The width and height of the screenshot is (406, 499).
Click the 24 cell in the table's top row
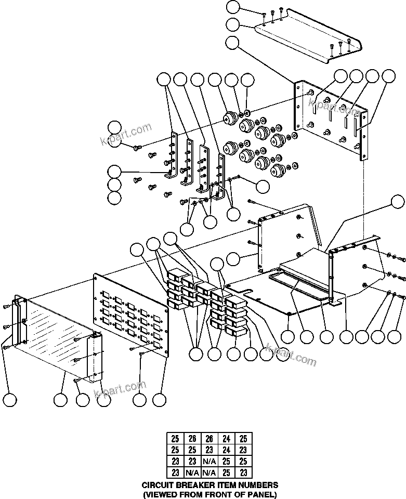coord(226,438)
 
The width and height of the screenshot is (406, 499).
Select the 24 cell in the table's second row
coord(226,450)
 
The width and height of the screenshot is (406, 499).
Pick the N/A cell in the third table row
coord(209,461)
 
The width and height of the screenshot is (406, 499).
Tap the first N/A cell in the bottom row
coord(192,472)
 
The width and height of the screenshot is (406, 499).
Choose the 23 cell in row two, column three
coord(209,450)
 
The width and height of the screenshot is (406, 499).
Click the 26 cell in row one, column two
coord(192,438)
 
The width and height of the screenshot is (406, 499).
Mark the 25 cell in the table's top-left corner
coord(175,438)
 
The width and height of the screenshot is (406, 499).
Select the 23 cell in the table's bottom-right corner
coord(243,472)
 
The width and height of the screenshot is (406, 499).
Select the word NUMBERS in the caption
coord(257,485)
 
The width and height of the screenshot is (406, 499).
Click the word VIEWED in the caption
coord(163,494)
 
